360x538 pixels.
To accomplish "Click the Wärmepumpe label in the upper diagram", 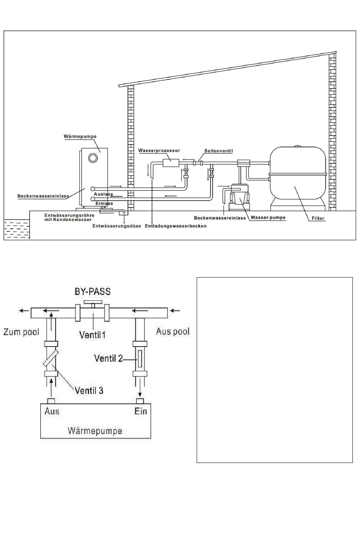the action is point(80,136).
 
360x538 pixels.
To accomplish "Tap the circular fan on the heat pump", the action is point(93,158).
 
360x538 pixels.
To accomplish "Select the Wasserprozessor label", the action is point(159,151).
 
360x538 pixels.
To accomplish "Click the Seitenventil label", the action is point(219,151).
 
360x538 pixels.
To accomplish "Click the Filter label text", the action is point(318,218).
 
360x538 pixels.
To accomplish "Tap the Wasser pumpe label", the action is point(268,218).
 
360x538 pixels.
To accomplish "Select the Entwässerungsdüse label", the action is point(117,226).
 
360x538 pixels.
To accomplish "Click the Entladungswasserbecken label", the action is point(176,226).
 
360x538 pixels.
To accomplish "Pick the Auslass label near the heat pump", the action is point(103,194).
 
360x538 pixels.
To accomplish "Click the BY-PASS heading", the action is point(92,292).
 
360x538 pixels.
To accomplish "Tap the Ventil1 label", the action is point(92,335).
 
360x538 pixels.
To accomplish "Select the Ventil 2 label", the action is point(108,358).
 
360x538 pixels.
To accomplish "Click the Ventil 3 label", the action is point(89,390).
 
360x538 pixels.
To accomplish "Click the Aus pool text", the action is point(173,331).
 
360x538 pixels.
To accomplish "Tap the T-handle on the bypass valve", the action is point(93,304).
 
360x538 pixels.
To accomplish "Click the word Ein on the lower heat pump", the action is point(141,411).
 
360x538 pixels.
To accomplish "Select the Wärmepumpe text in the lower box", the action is point(95,431).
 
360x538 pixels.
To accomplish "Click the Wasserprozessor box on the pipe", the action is point(171,163).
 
